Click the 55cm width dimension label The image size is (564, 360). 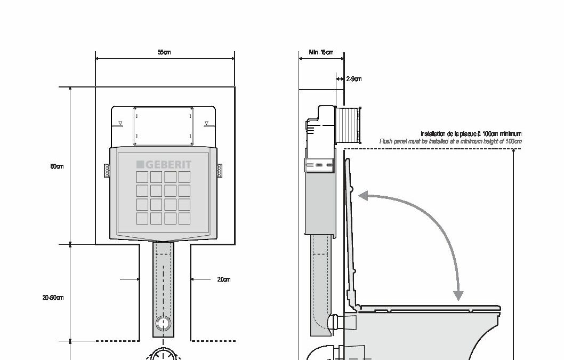164,52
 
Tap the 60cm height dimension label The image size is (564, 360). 57,166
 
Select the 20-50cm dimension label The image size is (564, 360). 53,298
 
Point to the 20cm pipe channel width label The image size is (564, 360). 224,279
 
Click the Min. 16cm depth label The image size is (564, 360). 321,52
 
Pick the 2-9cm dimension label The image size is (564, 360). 354,79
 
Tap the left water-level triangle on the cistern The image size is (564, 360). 120,124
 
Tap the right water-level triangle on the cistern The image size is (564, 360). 207,124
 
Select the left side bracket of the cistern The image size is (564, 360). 107,170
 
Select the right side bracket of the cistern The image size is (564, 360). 220,170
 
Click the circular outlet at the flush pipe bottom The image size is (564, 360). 164,324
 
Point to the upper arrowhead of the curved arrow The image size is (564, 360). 362,196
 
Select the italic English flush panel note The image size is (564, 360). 450,141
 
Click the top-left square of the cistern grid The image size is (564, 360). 142,177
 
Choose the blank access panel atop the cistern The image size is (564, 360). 163,125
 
